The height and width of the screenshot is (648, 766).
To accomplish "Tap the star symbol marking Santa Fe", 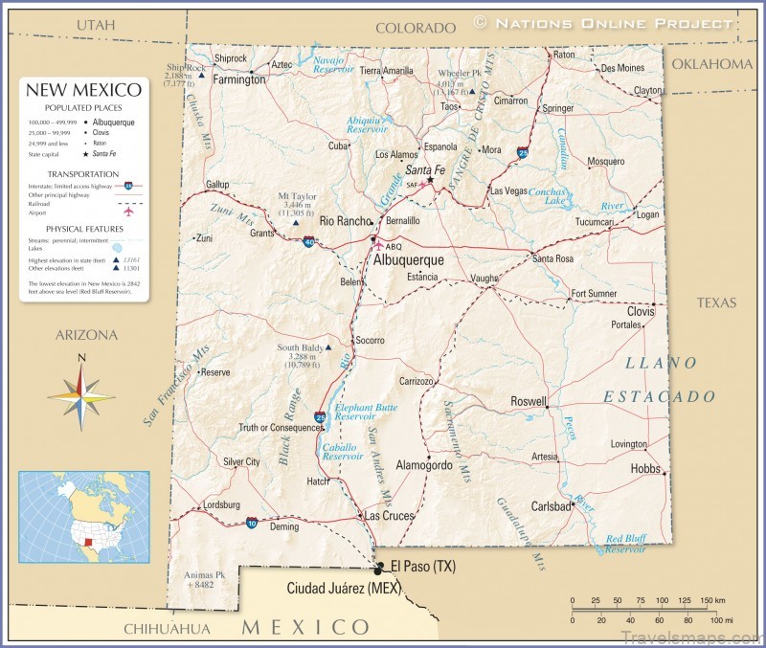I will [x=431, y=179].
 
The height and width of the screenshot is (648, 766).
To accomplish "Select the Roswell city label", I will [x=529, y=401].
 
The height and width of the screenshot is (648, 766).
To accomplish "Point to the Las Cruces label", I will [x=389, y=515].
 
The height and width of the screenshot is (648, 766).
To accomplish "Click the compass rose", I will [x=81, y=392].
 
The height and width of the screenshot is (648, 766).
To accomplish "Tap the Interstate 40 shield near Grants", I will [x=308, y=243].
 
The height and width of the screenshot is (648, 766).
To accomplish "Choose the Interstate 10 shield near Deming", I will [x=251, y=523].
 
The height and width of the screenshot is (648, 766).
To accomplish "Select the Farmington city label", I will [x=238, y=79].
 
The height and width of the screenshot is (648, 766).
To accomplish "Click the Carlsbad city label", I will [x=551, y=505].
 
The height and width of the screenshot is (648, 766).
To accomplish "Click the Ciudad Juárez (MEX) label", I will [x=344, y=588].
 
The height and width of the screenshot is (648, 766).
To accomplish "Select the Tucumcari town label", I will [x=595, y=222].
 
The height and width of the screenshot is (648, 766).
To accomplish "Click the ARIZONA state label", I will [x=86, y=335].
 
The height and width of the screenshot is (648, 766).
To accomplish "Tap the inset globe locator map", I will [x=84, y=516].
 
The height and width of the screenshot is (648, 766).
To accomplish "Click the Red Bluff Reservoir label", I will [x=625, y=544].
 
